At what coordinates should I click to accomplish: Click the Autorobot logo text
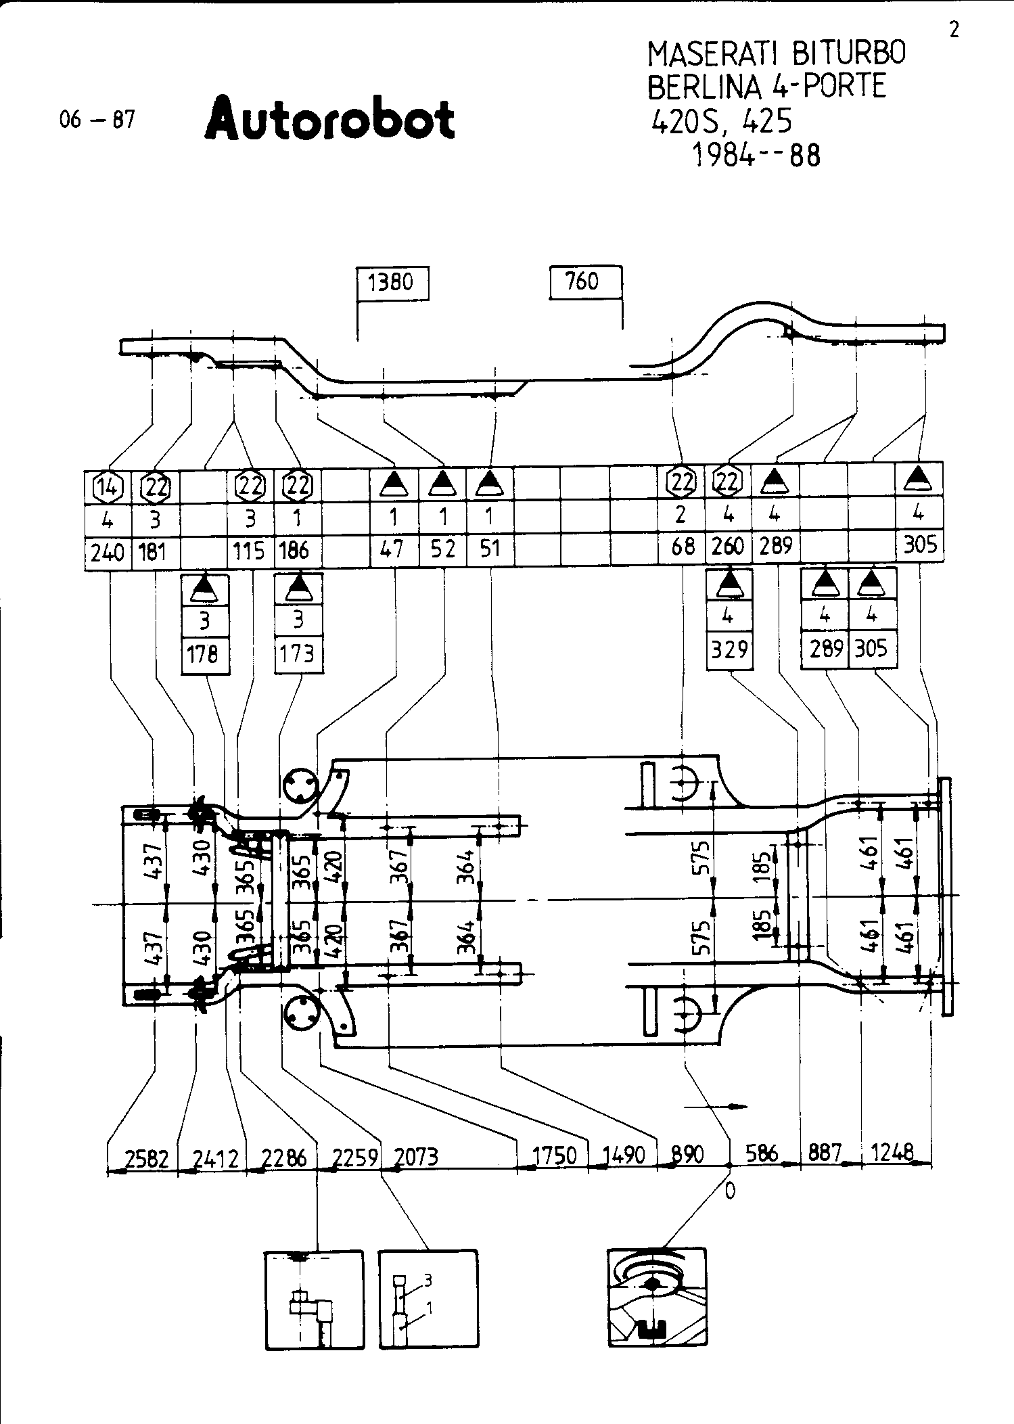click(x=329, y=118)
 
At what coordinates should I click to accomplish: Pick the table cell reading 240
click(x=108, y=552)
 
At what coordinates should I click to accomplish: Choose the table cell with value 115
click(x=249, y=551)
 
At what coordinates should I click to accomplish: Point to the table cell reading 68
click(x=682, y=547)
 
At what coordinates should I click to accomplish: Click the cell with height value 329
click(x=729, y=649)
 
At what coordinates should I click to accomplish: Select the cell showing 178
click(x=204, y=655)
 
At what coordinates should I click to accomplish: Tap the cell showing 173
click(x=298, y=653)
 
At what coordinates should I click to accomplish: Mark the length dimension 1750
click(x=554, y=1155)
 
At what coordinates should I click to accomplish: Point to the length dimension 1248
click(x=893, y=1151)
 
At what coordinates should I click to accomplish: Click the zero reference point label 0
click(x=730, y=1191)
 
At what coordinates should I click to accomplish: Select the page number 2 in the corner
click(x=954, y=31)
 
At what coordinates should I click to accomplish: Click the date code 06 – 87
click(x=97, y=120)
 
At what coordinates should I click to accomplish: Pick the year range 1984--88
click(x=756, y=156)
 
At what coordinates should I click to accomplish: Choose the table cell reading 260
click(x=728, y=545)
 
